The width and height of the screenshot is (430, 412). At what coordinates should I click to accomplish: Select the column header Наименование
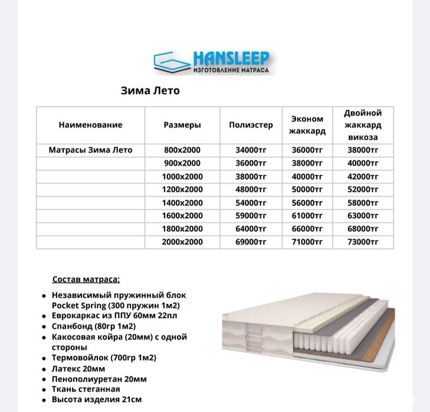(90, 125)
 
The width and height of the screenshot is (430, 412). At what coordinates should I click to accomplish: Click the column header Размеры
(182, 125)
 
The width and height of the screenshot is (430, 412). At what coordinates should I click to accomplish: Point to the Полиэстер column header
(251, 125)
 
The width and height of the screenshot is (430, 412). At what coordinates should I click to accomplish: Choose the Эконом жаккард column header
(307, 125)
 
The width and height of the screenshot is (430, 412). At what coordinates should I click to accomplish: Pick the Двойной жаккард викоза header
(363, 125)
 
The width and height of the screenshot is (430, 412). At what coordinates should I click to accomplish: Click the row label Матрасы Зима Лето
(90, 150)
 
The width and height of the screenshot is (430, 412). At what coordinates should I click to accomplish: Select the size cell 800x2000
(182, 150)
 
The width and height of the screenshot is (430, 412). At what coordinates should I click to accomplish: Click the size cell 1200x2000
(182, 190)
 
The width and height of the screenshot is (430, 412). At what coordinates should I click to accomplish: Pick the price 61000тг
(307, 216)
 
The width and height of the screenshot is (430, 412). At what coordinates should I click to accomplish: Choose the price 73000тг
(363, 242)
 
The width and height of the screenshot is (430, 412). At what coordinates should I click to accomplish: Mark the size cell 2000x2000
(182, 242)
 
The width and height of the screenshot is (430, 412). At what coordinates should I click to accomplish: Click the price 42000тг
(363, 177)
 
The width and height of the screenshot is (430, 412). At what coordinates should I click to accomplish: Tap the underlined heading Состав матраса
(86, 279)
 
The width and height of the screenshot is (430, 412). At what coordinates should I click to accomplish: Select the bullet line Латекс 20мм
(74, 368)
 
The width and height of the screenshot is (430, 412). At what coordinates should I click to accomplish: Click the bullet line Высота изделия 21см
(97, 400)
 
